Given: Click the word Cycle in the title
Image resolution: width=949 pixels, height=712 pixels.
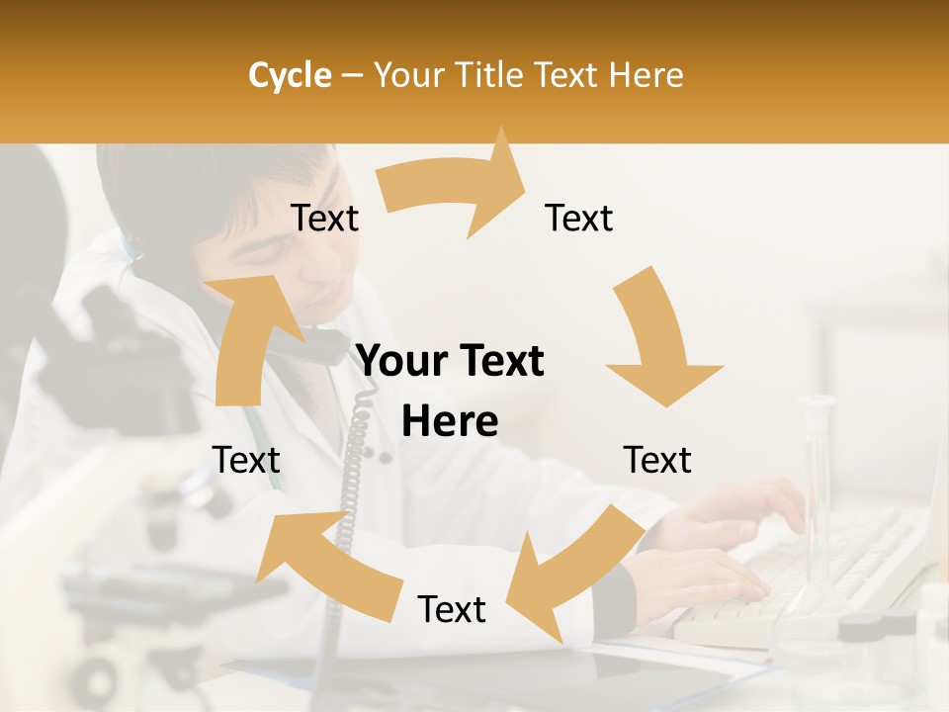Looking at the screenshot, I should (x=290, y=75).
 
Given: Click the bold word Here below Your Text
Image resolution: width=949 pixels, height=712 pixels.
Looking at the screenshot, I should (x=450, y=422).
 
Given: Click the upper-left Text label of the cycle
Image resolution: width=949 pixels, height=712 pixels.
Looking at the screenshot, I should (x=324, y=219).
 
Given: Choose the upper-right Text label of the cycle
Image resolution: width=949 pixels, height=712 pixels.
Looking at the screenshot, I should (x=579, y=219).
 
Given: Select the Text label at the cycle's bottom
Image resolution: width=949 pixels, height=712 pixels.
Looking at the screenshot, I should (x=452, y=610).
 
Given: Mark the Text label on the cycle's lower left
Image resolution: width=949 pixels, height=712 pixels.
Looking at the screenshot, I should (x=246, y=460).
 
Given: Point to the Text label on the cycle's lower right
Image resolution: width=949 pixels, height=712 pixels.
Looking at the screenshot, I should (x=657, y=460).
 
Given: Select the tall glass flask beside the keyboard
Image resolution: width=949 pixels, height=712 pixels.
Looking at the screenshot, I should (x=817, y=494).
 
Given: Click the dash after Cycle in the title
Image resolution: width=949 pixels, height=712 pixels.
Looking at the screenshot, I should (x=352, y=76).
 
